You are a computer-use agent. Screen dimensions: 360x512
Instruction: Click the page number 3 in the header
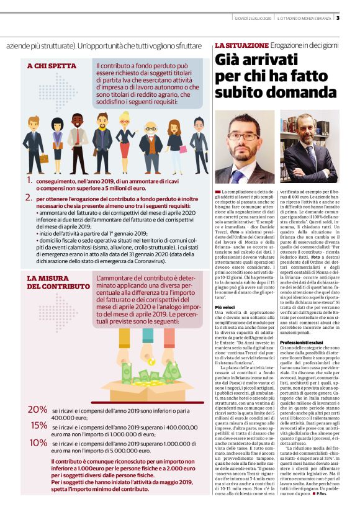pos(354,17)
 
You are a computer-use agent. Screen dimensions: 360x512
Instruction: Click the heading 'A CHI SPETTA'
pos(52,65)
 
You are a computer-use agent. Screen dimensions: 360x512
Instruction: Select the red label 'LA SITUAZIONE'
pos(241,46)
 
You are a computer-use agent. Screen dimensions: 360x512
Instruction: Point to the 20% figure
pos(37,410)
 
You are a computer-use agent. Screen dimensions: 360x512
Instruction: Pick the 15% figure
pos(38,425)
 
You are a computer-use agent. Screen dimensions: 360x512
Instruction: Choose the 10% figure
pos(38,442)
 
